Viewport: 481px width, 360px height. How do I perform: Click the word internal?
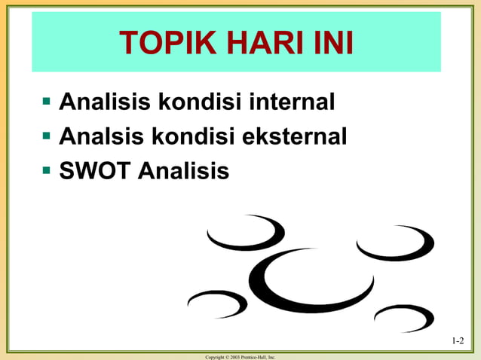290,100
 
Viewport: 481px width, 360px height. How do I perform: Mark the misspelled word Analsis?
94,137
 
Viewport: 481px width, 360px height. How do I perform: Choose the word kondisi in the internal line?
195,100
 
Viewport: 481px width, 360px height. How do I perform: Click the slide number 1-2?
458,341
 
